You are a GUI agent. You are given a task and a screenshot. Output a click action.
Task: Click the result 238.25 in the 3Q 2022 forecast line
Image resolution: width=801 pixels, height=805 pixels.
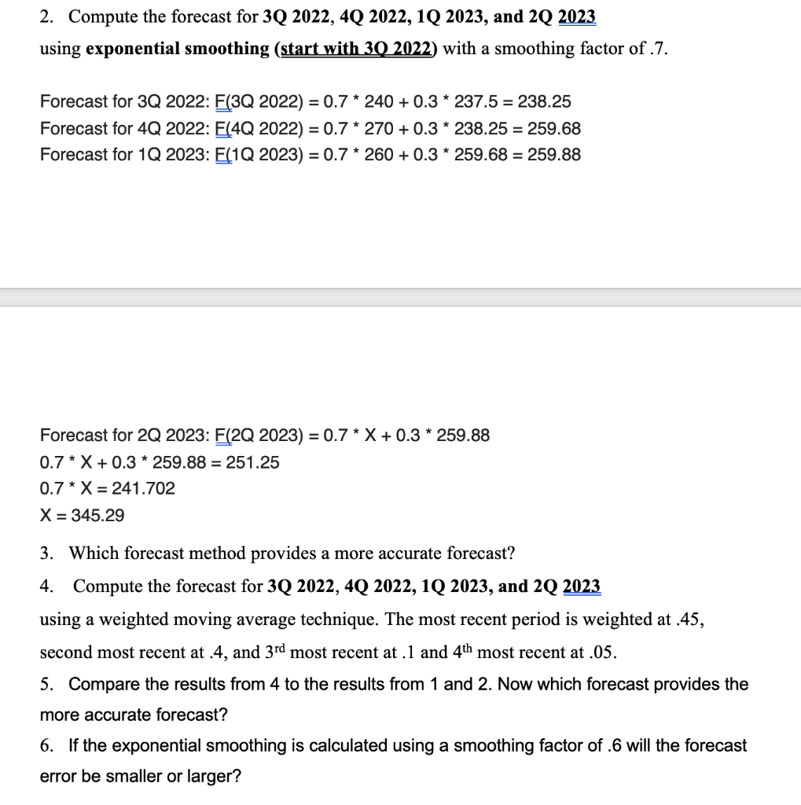tap(544, 102)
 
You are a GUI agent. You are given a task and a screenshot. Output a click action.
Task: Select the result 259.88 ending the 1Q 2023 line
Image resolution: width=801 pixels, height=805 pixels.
tap(554, 155)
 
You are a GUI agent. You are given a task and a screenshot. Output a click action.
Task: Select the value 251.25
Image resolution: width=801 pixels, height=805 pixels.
tap(252, 462)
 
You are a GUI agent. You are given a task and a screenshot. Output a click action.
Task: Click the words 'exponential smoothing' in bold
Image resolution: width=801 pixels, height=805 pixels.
tap(177, 49)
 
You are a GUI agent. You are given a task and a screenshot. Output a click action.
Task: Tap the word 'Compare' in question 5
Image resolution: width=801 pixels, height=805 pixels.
tap(102, 685)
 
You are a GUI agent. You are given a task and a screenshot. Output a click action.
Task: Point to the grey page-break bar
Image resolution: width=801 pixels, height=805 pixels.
tap(400, 297)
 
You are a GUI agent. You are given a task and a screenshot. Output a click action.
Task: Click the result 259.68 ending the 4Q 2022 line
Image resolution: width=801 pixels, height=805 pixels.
tap(554, 129)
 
